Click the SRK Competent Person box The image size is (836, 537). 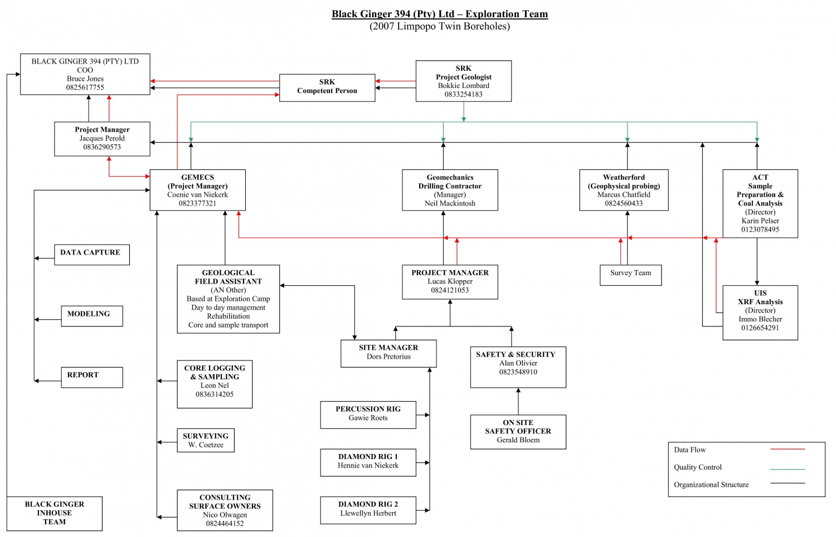tap(327, 87)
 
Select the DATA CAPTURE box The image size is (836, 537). tap(92, 254)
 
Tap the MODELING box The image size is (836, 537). tap(92, 315)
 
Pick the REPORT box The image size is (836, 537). tap(92, 377)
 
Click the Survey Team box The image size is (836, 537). tap(630, 274)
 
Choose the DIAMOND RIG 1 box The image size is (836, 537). tap(368, 462)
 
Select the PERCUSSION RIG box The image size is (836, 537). tap(368, 414)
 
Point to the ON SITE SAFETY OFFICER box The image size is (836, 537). tap(518, 431)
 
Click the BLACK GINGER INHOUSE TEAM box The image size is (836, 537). tap(55, 513)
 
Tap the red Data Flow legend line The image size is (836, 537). tap(788, 449)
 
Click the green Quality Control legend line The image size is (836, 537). tap(788, 469)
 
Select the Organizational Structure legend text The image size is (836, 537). tap(711, 485)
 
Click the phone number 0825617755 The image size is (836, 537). tap(85, 87)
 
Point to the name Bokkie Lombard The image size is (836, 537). tap(464, 86)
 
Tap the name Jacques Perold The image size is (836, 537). tap(102, 139)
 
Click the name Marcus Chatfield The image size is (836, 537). tap(624, 195)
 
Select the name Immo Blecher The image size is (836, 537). tap(760, 319)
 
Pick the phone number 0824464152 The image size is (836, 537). tap(225, 524)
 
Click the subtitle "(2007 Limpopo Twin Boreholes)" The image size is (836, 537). tap(440, 26)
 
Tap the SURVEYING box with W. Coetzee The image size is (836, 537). tap(206, 440)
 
